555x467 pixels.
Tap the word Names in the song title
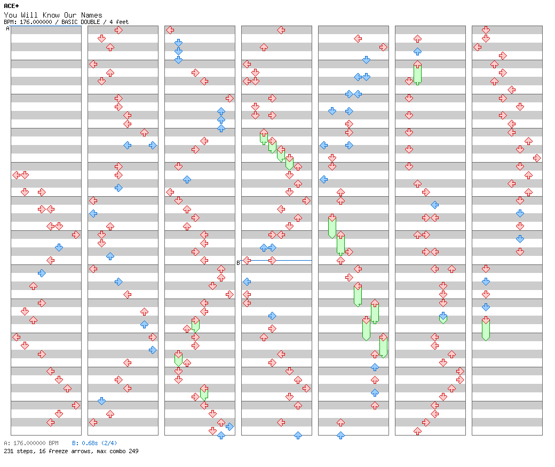coord(92,15)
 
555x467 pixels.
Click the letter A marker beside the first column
coord(7,29)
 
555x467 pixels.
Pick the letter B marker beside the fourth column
coord(239,262)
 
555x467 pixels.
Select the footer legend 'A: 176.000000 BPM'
coord(31,443)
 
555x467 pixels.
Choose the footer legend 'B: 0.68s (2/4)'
coord(94,443)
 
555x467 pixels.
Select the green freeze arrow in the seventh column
coord(486,328)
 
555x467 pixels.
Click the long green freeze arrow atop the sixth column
coord(417,73)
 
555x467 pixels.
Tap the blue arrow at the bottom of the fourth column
coord(298,435)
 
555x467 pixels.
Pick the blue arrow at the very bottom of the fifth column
coord(340,435)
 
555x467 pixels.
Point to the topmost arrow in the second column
coord(118,30)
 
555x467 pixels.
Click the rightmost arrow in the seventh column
coord(537,158)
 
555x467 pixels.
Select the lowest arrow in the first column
coord(50,422)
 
